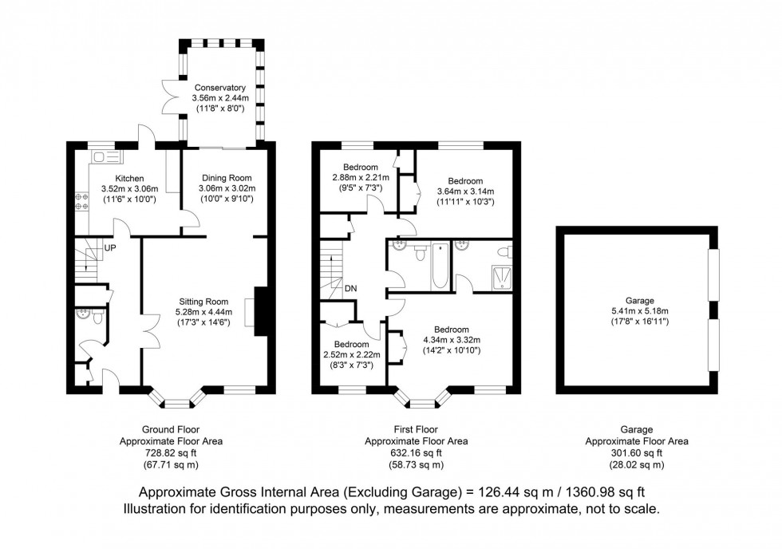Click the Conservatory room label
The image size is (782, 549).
pos(220,88)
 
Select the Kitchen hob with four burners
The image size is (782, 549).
pos(81,201)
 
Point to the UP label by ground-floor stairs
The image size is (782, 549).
pos(110,247)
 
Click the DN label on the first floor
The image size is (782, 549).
pos(350,288)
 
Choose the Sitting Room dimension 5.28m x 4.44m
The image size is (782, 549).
pos(203,312)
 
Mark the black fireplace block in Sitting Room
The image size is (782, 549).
pos(262,312)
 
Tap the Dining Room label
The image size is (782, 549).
pos(227,178)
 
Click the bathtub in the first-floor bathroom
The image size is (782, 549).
pos(440,267)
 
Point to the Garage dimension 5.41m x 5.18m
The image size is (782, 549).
pos(640,311)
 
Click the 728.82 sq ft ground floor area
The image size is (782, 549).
pos(171,453)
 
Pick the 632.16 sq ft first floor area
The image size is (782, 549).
pos(417,453)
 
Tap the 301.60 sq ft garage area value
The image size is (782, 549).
pos(637,453)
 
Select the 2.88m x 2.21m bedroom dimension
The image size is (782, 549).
pos(361,177)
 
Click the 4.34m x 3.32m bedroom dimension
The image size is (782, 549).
pos(452,340)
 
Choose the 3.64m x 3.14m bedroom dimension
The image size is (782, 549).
pos(465,192)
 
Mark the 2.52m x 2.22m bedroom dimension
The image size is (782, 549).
pos(352,355)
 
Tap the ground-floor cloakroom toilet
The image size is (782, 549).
pos(97,316)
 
